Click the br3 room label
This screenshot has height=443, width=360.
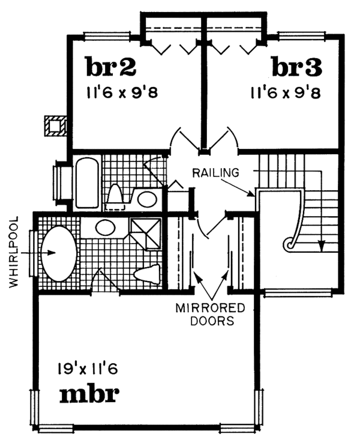296,67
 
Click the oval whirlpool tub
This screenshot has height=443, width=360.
58,253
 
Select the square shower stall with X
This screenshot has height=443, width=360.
146,233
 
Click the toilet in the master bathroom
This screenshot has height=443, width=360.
146,274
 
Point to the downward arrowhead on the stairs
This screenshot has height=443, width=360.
322,245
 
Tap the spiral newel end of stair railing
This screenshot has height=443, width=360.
290,243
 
